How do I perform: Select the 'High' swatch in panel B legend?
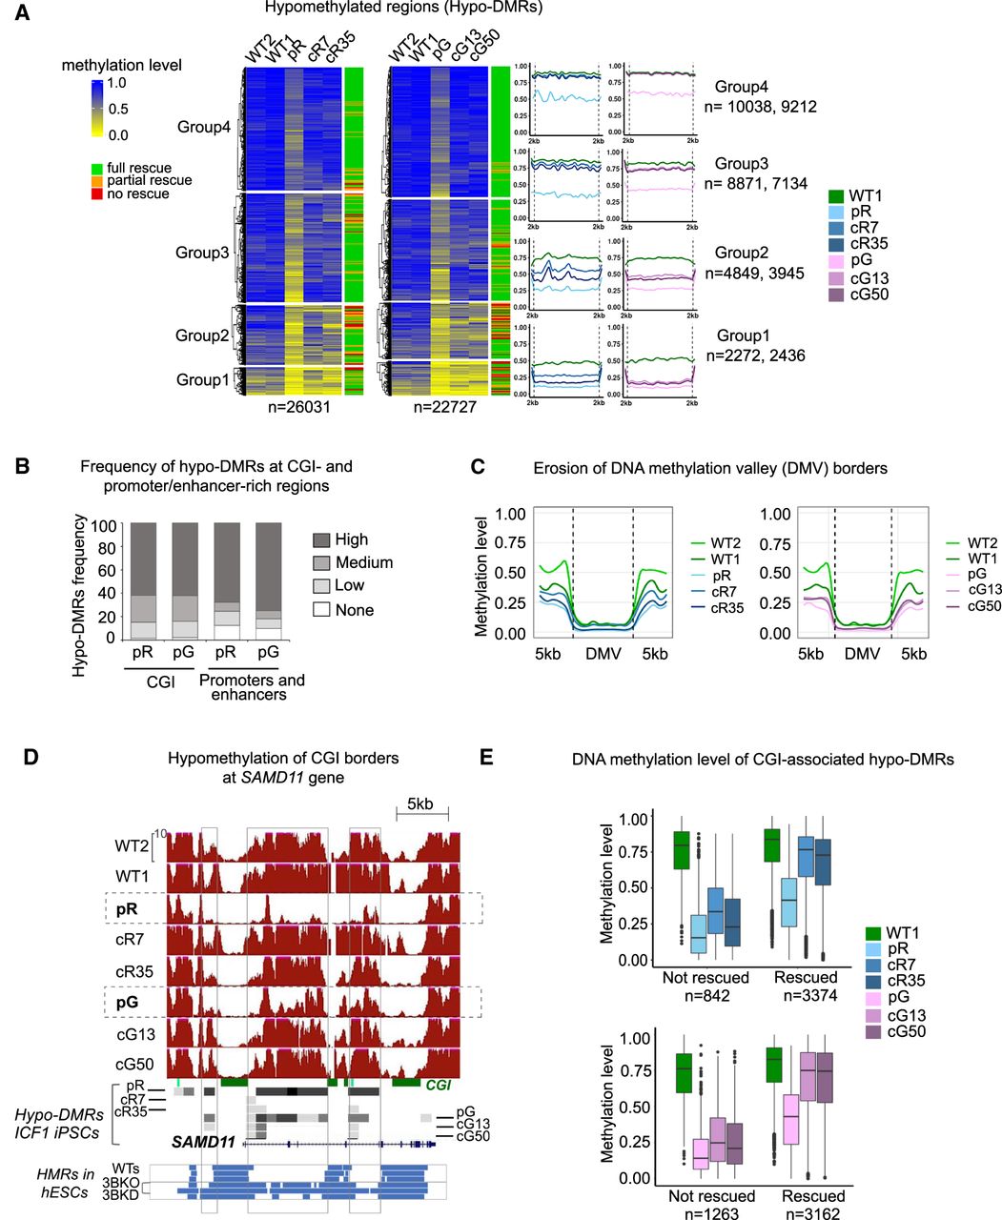pos(321,539)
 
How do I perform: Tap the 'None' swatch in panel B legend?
pos(321,609)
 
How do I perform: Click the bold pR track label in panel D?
pos(127,908)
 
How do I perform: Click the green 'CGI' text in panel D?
pos(439,1085)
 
